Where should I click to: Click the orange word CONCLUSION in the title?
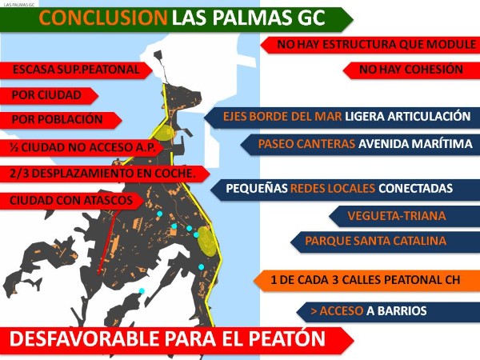point(103,18)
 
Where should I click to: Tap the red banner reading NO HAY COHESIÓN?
point(411,70)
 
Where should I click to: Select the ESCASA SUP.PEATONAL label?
point(76,70)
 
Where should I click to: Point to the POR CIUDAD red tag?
point(49,95)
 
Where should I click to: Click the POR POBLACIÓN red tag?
point(61,120)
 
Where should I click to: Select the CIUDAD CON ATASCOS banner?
point(72,201)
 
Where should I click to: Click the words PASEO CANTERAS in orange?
point(306,143)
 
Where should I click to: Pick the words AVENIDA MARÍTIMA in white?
point(415,143)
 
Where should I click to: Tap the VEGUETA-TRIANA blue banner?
point(404,216)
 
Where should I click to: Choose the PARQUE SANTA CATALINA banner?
point(385,241)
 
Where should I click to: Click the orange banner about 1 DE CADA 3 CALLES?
point(366,281)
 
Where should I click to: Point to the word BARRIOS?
point(402,311)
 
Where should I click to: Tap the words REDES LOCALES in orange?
point(333,188)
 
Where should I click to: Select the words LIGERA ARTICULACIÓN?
point(408,116)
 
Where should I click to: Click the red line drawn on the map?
point(109,242)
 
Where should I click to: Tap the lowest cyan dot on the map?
point(142,290)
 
